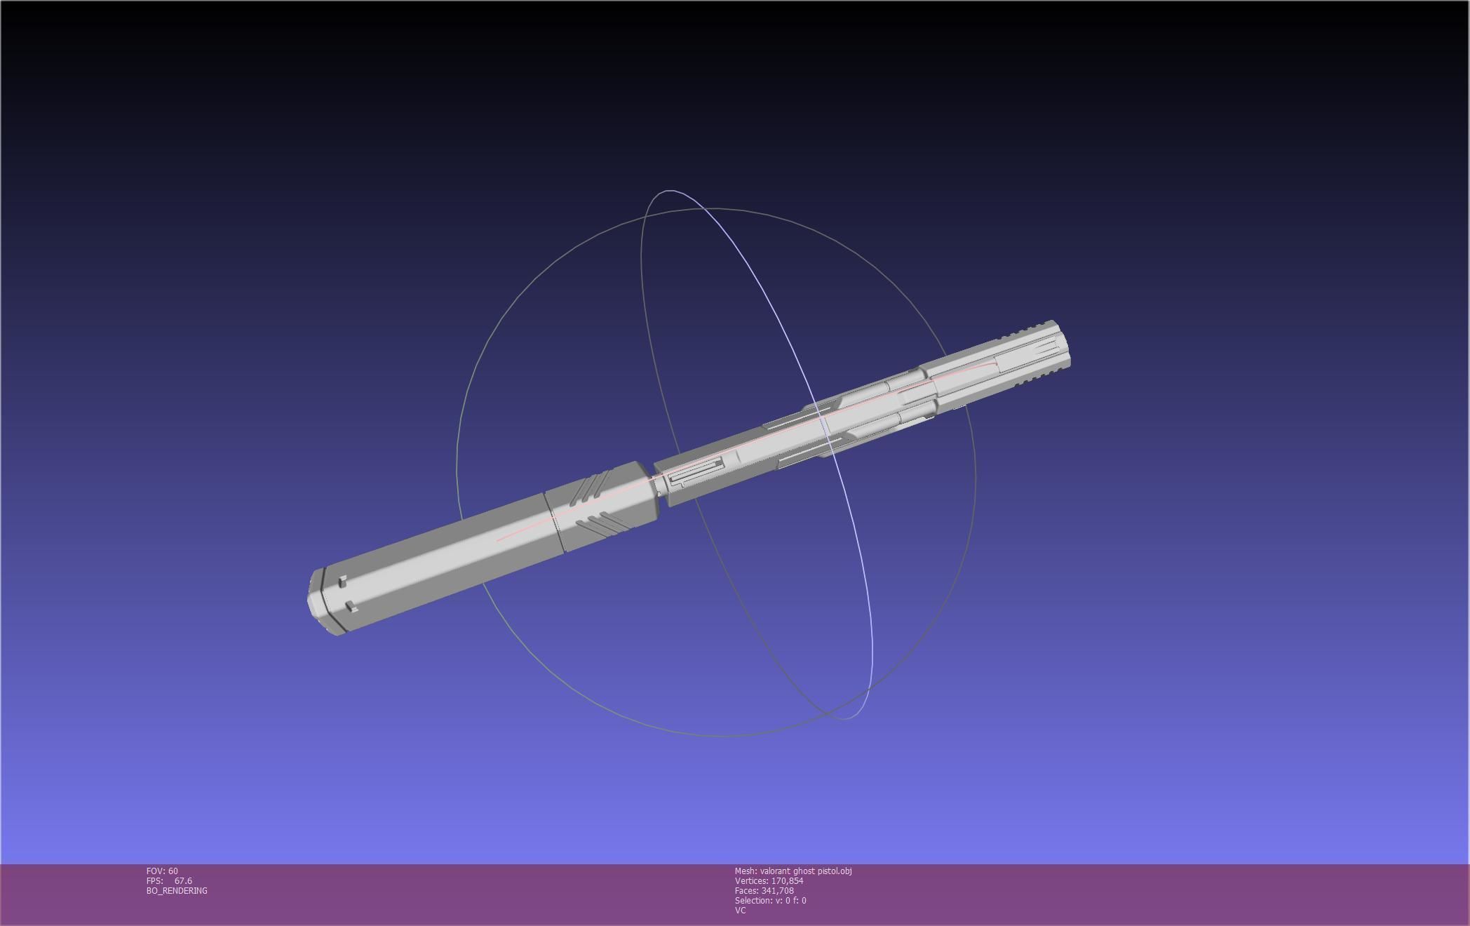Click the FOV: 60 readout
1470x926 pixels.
click(x=162, y=871)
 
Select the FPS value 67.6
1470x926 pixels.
click(x=183, y=881)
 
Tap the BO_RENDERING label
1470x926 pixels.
click(x=177, y=891)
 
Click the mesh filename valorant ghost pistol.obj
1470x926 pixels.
click(x=805, y=871)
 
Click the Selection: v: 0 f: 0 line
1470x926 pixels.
click(x=770, y=901)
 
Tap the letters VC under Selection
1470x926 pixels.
click(x=740, y=911)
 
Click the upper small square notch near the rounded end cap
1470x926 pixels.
click(x=342, y=582)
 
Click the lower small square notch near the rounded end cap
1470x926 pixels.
click(x=351, y=607)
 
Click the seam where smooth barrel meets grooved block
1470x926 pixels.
click(x=554, y=523)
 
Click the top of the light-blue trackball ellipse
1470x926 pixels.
click(x=668, y=191)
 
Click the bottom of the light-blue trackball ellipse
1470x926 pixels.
click(x=844, y=718)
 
